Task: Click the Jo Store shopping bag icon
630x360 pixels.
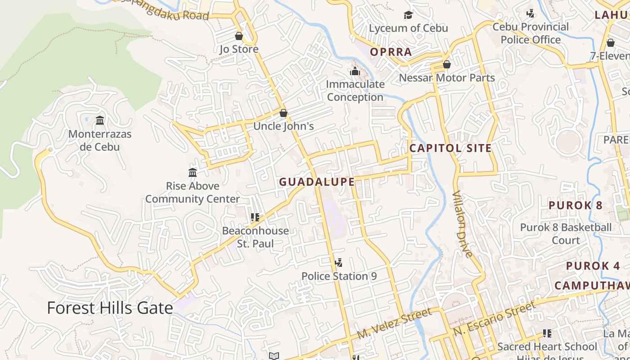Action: [x=239, y=36]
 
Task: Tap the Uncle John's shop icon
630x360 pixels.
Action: [x=283, y=113]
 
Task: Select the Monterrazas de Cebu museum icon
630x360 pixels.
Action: [x=100, y=120]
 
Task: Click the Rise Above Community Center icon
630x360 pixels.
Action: [x=193, y=172]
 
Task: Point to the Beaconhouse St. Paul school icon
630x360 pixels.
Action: [x=255, y=217]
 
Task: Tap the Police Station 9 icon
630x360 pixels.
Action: [x=339, y=262]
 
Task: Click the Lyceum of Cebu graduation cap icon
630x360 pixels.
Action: [x=408, y=15]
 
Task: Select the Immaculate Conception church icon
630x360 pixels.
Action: [x=355, y=71]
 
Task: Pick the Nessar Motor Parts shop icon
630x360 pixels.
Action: [x=447, y=65]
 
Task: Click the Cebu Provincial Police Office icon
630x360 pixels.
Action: [x=531, y=13]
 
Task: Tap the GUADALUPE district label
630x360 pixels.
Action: [x=317, y=182]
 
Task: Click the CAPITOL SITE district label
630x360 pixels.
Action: [x=450, y=148]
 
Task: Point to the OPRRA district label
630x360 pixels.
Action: [x=391, y=52]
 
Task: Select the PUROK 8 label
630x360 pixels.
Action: [x=575, y=206]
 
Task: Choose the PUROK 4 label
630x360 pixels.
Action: [x=593, y=266]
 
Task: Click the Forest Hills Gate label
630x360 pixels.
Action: [x=110, y=308]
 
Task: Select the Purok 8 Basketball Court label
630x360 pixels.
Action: [x=566, y=234]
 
